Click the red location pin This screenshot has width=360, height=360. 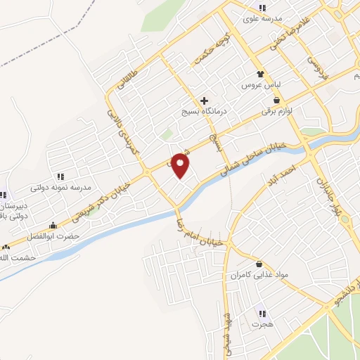click(x=181, y=165)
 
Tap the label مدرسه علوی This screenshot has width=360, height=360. click(x=262, y=18)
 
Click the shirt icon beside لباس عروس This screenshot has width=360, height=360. click(x=261, y=72)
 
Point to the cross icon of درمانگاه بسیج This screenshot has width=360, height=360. click(x=204, y=100)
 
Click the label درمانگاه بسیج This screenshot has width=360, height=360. click(x=202, y=111)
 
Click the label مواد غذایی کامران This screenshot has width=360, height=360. click(x=261, y=276)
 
